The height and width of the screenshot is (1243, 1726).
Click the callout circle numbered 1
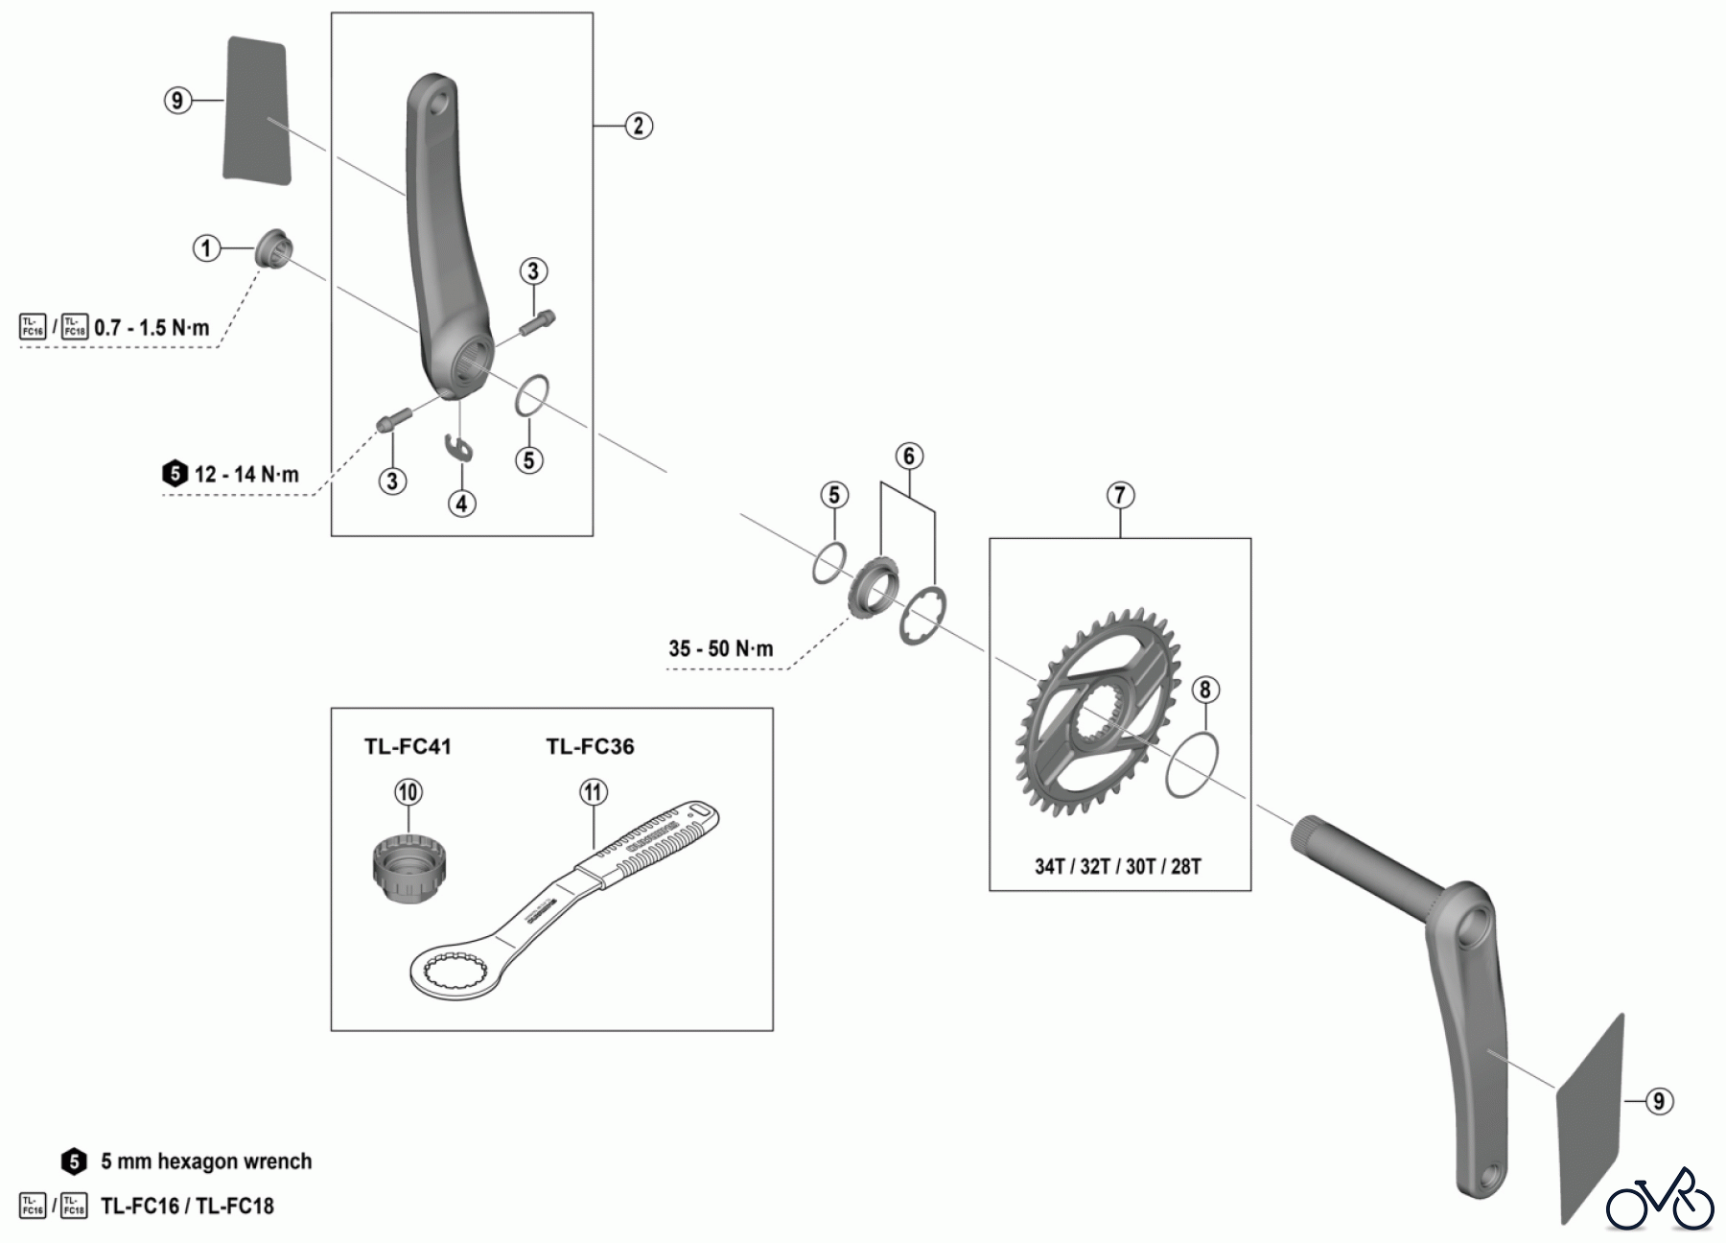pos(206,248)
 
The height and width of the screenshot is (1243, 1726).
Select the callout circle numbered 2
pos(639,126)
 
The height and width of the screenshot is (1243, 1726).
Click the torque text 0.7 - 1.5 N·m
pos(152,328)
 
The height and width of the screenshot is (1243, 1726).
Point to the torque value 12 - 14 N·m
pos(246,474)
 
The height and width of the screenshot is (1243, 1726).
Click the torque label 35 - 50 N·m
pos(720,648)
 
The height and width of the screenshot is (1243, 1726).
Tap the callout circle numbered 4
pos(462,503)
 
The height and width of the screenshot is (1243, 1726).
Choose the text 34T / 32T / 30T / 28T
pos(1117,866)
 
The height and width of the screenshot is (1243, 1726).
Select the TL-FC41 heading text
pos(408,746)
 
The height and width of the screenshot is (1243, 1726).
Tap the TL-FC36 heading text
pos(590,746)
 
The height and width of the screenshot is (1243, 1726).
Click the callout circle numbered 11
pos(594,792)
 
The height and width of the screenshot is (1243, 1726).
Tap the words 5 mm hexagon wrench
pos(206,1161)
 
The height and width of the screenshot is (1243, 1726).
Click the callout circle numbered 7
pos(1120,495)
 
